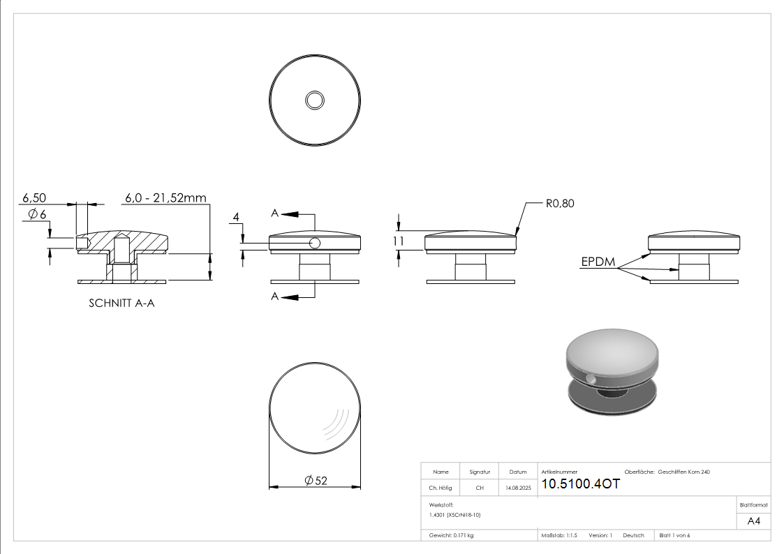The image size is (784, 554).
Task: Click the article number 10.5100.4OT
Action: pyautogui.click(x=580, y=484)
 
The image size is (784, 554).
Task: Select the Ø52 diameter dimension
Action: pyautogui.click(x=316, y=481)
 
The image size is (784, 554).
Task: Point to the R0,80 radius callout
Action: pyautogui.click(x=560, y=204)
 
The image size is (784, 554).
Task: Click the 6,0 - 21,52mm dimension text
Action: pyautogui.click(x=165, y=198)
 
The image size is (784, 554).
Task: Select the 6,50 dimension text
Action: pyautogui.click(x=34, y=198)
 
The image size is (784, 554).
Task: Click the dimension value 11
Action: pyautogui.click(x=398, y=241)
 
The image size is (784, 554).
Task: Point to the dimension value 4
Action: pyautogui.click(x=237, y=218)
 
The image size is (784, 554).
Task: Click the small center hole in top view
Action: pyautogui.click(x=315, y=100)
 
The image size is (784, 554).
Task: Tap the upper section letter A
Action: pyautogui.click(x=275, y=213)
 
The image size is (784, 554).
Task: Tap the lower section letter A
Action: pyautogui.click(x=275, y=297)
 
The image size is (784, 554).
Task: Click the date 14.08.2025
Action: pyautogui.click(x=517, y=488)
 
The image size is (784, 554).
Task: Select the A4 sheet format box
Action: pyautogui.click(x=753, y=521)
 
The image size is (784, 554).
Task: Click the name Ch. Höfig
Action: pyautogui.click(x=440, y=488)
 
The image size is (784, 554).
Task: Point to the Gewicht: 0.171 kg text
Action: pyautogui.click(x=451, y=535)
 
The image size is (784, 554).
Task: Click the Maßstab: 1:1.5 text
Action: pyautogui.click(x=559, y=535)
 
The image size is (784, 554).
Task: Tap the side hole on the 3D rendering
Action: pyautogui.click(x=592, y=380)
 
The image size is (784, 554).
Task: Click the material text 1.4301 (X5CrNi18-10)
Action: pyautogui.click(x=455, y=514)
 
